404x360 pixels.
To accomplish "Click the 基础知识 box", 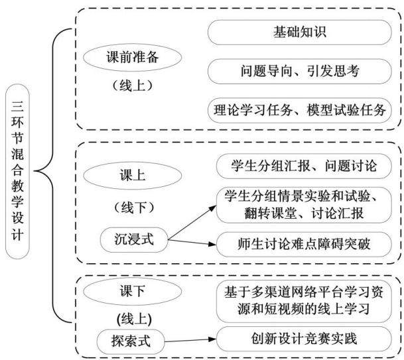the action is pyautogui.click(x=299, y=32).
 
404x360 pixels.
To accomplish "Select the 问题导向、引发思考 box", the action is pyautogui.click(x=299, y=72).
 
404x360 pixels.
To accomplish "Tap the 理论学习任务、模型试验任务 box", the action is pyautogui.click(x=299, y=110).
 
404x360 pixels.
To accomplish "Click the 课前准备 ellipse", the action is pyautogui.click(x=132, y=57).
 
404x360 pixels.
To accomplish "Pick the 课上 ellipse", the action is pyautogui.click(x=132, y=176).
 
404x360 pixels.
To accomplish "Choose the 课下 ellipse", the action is pyautogui.click(x=132, y=291).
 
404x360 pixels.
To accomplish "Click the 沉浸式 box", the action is pyautogui.click(x=134, y=239).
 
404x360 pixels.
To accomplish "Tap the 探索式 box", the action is pyautogui.click(x=131, y=341).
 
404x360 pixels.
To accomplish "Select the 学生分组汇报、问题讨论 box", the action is pyautogui.click(x=304, y=166).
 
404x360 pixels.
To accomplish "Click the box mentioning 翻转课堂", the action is pyautogui.click(x=304, y=206).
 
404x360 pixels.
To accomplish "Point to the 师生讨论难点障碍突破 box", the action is pyautogui.click(x=304, y=244).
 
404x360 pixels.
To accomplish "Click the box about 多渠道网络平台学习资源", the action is pyautogui.click(x=304, y=301).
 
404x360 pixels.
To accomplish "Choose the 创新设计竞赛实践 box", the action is pyautogui.click(x=304, y=339).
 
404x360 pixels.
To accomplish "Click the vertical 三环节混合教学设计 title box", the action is pyautogui.click(x=17, y=171).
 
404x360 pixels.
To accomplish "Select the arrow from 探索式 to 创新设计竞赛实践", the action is pyautogui.click(x=190, y=340).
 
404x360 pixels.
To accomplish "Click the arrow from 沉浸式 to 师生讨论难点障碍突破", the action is pyautogui.click(x=192, y=242).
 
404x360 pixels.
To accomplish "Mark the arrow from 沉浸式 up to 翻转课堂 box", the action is pyautogui.click(x=192, y=223).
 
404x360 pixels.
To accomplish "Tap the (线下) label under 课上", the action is pyautogui.click(x=134, y=208).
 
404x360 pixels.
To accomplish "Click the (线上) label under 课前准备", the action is pyautogui.click(x=132, y=86).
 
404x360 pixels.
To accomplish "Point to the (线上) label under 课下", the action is pyautogui.click(x=134, y=320).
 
